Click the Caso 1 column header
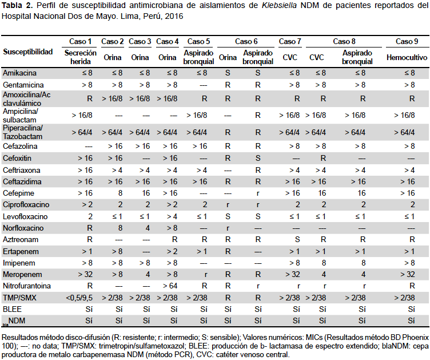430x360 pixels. pos(80,41)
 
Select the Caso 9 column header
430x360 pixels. pos(407,41)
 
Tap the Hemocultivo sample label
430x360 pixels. pos(407,57)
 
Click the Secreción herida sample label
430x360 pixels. pos(81,57)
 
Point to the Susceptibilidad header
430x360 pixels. pos(27,52)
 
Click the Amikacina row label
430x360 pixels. pos(19,73)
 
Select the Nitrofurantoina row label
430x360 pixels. pos(27,286)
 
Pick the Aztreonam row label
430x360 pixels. pos(20,240)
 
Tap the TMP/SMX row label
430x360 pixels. pos(19,298)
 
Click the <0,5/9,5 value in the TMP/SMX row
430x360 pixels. pos(79,298)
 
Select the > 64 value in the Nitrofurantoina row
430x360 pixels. pos(170,286)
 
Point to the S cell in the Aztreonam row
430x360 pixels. pos(297,240)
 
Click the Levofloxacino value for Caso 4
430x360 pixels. pos(172,216)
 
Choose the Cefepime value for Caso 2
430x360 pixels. pos(120,193)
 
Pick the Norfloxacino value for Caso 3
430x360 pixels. pos(148,228)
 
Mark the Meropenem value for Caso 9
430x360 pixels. pos(408,274)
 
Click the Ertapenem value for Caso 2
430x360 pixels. pos(117,252)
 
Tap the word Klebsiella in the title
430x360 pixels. pos(279,6)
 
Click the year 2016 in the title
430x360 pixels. pos(174,16)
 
